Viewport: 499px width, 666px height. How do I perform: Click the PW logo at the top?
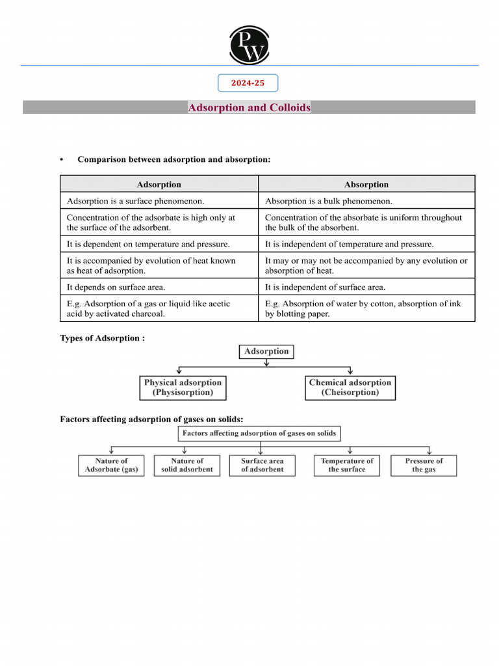[x=248, y=45]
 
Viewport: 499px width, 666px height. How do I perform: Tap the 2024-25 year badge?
[x=248, y=83]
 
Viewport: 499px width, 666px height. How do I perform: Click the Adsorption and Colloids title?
[x=249, y=107]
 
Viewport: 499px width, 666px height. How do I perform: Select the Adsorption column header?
[x=159, y=185]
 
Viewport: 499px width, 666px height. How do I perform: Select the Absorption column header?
[x=366, y=185]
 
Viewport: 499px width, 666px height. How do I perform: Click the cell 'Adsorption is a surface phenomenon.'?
[x=159, y=201]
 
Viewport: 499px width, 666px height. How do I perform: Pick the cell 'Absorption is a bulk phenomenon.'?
[x=366, y=201]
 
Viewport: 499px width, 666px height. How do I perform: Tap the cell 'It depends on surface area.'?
[x=159, y=287]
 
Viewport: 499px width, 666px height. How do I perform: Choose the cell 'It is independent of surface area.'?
[x=366, y=287]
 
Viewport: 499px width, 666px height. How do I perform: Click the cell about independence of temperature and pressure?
[x=366, y=245]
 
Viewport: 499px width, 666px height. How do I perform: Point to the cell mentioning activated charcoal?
[x=159, y=308]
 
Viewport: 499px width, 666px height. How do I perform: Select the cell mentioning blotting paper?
[x=366, y=308]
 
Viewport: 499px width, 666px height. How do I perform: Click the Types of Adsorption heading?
[x=103, y=338]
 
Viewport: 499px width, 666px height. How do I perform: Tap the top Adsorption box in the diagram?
[x=266, y=351]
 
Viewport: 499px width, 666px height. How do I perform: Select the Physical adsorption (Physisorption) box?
[x=183, y=388]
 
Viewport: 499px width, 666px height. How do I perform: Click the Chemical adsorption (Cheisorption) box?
[x=350, y=388]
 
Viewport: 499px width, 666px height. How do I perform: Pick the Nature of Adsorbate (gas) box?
[x=112, y=465]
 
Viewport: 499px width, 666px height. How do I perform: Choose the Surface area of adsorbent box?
[x=262, y=465]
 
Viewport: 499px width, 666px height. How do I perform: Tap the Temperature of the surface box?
[x=347, y=465]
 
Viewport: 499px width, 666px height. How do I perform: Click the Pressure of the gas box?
[x=424, y=465]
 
